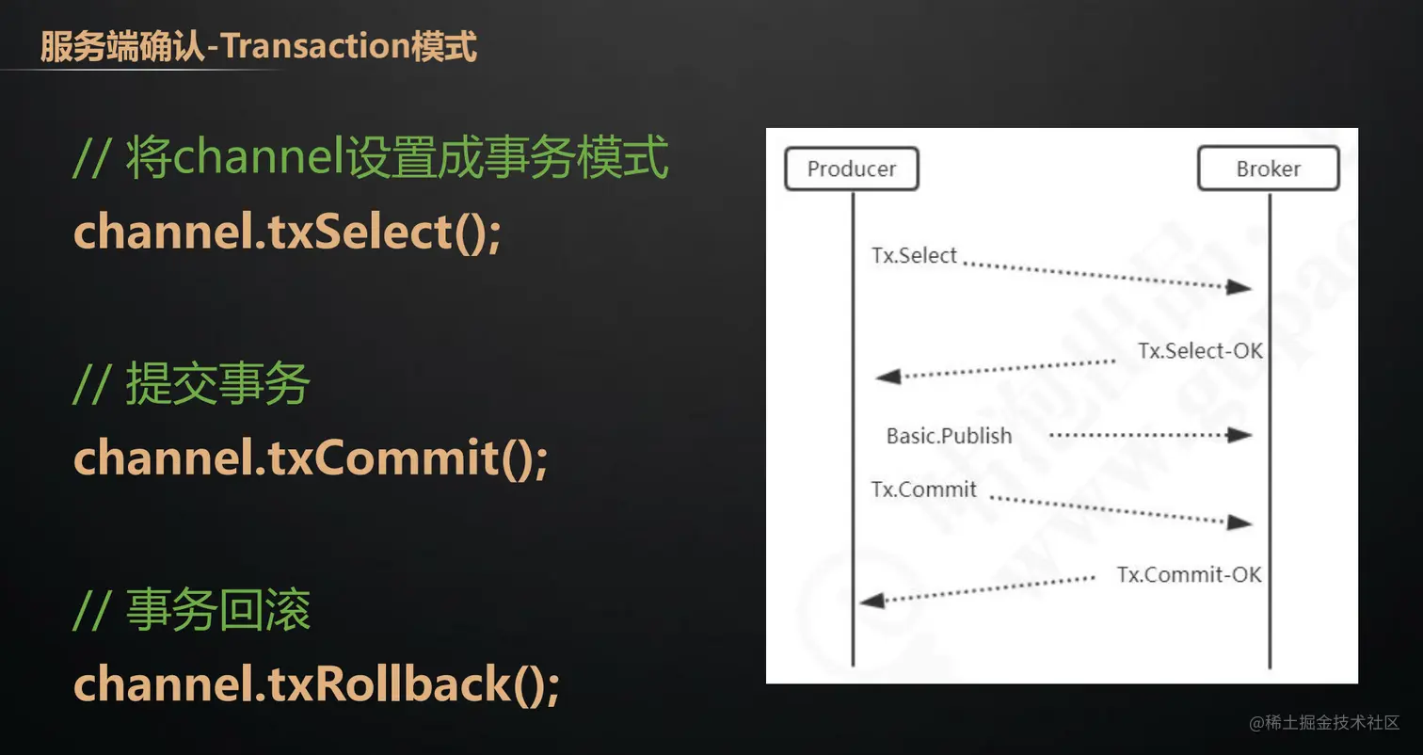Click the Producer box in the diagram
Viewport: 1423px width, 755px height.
pos(851,169)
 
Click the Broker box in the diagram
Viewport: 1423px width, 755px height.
pos(1268,169)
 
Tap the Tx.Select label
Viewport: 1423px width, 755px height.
pos(914,255)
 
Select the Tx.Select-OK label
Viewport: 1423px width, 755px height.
pos(1200,351)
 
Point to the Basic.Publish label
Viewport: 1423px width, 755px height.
pos(949,436)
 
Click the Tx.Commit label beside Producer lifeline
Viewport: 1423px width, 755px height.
pos(923,490)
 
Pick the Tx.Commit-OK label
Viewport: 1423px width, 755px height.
pos(1189,574)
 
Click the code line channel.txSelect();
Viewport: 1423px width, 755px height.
pos(288,232)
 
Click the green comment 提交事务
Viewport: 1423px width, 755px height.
pos(217,385)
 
